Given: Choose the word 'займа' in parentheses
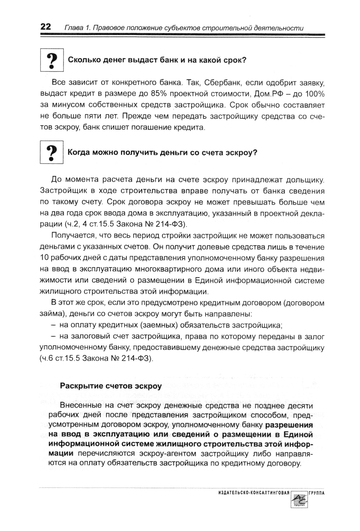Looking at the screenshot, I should [x=50, y=314].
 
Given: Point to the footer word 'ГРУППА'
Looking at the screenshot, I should [x=316, y=492].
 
